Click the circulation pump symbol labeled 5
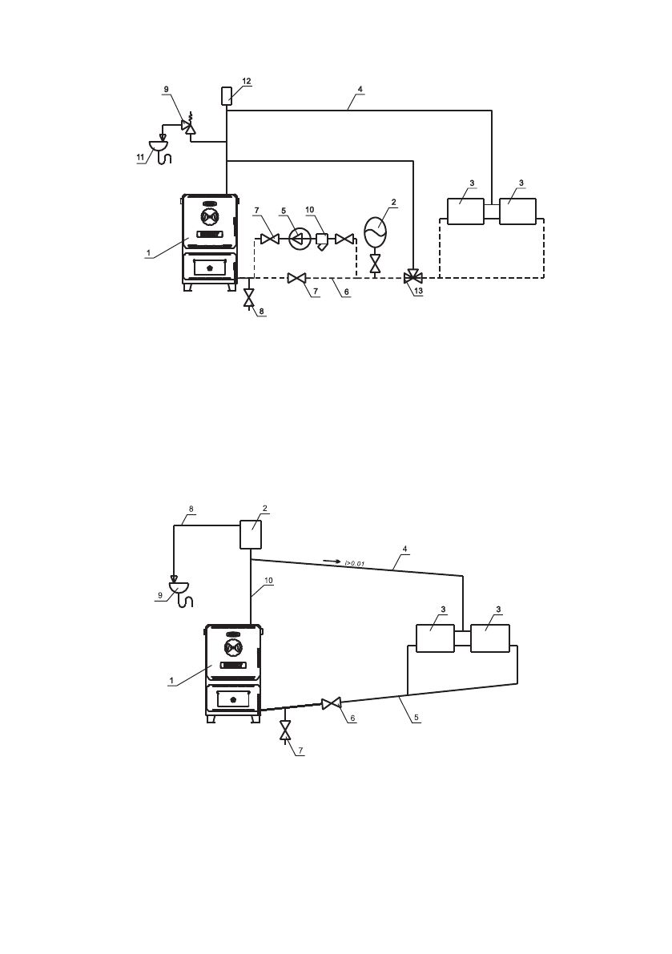pyautogui.click(x=300, y=238)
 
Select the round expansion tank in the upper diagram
pyautogui.click(x=375, y=232)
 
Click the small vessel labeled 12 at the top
pyautogui.click(x=227, y=98)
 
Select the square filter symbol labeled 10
pyautogui.click(x=323, y=239)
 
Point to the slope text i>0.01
pyautogui.click(x=355, y=565)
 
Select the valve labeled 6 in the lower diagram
pyautogui.click(x=330, y=703)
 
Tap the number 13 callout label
pyautogui.click(x=418, y=292)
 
